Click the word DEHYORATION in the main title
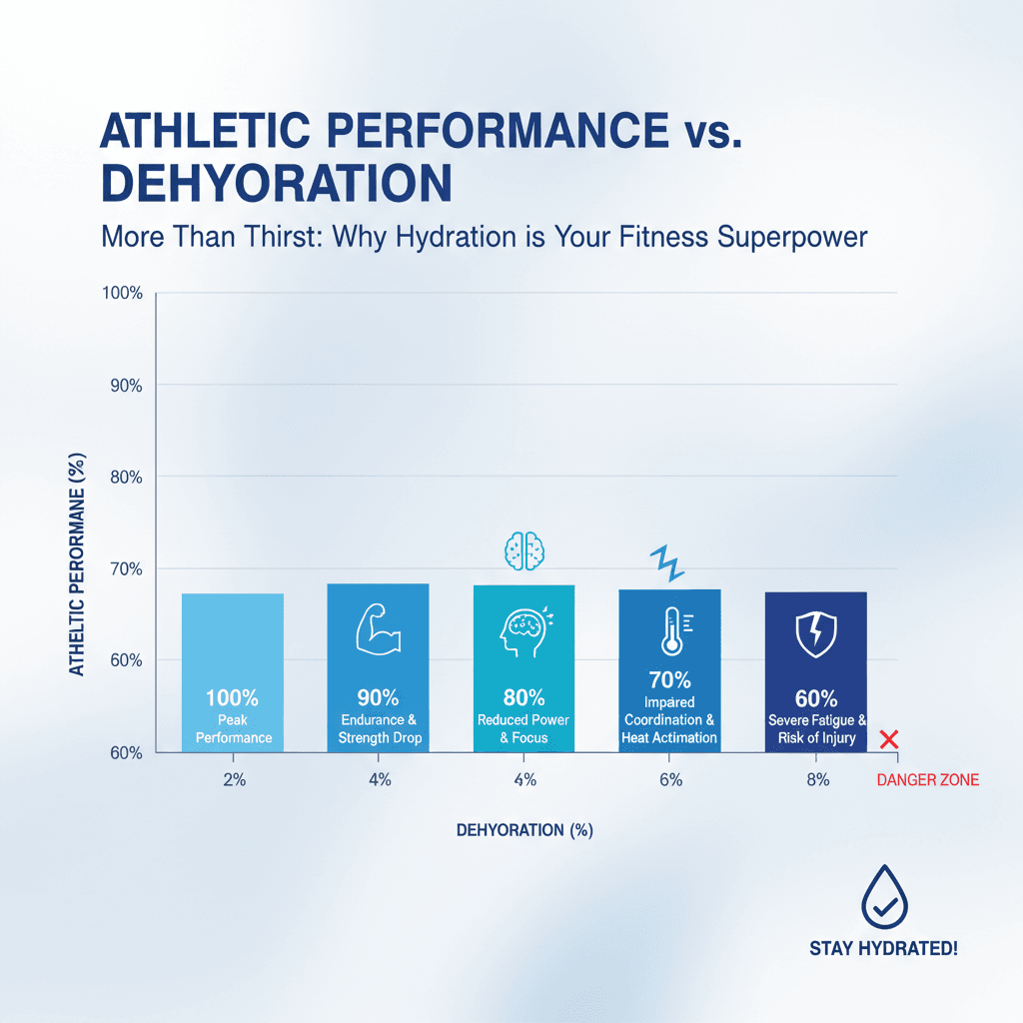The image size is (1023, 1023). coord(277,183)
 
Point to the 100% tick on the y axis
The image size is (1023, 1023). coord(123,294)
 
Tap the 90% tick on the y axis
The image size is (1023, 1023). coord(125,386)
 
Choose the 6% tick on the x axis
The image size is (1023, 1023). coord(670,780)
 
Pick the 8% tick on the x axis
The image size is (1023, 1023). coord(816,780)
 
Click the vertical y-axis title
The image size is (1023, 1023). coord(77,563)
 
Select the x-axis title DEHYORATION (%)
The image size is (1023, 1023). coord(523,830)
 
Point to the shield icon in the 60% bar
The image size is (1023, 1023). coord(815,632)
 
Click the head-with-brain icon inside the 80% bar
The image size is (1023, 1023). coord(523,632)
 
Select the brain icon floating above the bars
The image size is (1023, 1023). coord(523,550)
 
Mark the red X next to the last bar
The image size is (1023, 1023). coord(889,739)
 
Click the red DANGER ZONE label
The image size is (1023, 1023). coord(927,780)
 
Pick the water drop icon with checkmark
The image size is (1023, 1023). coord(883,894)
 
